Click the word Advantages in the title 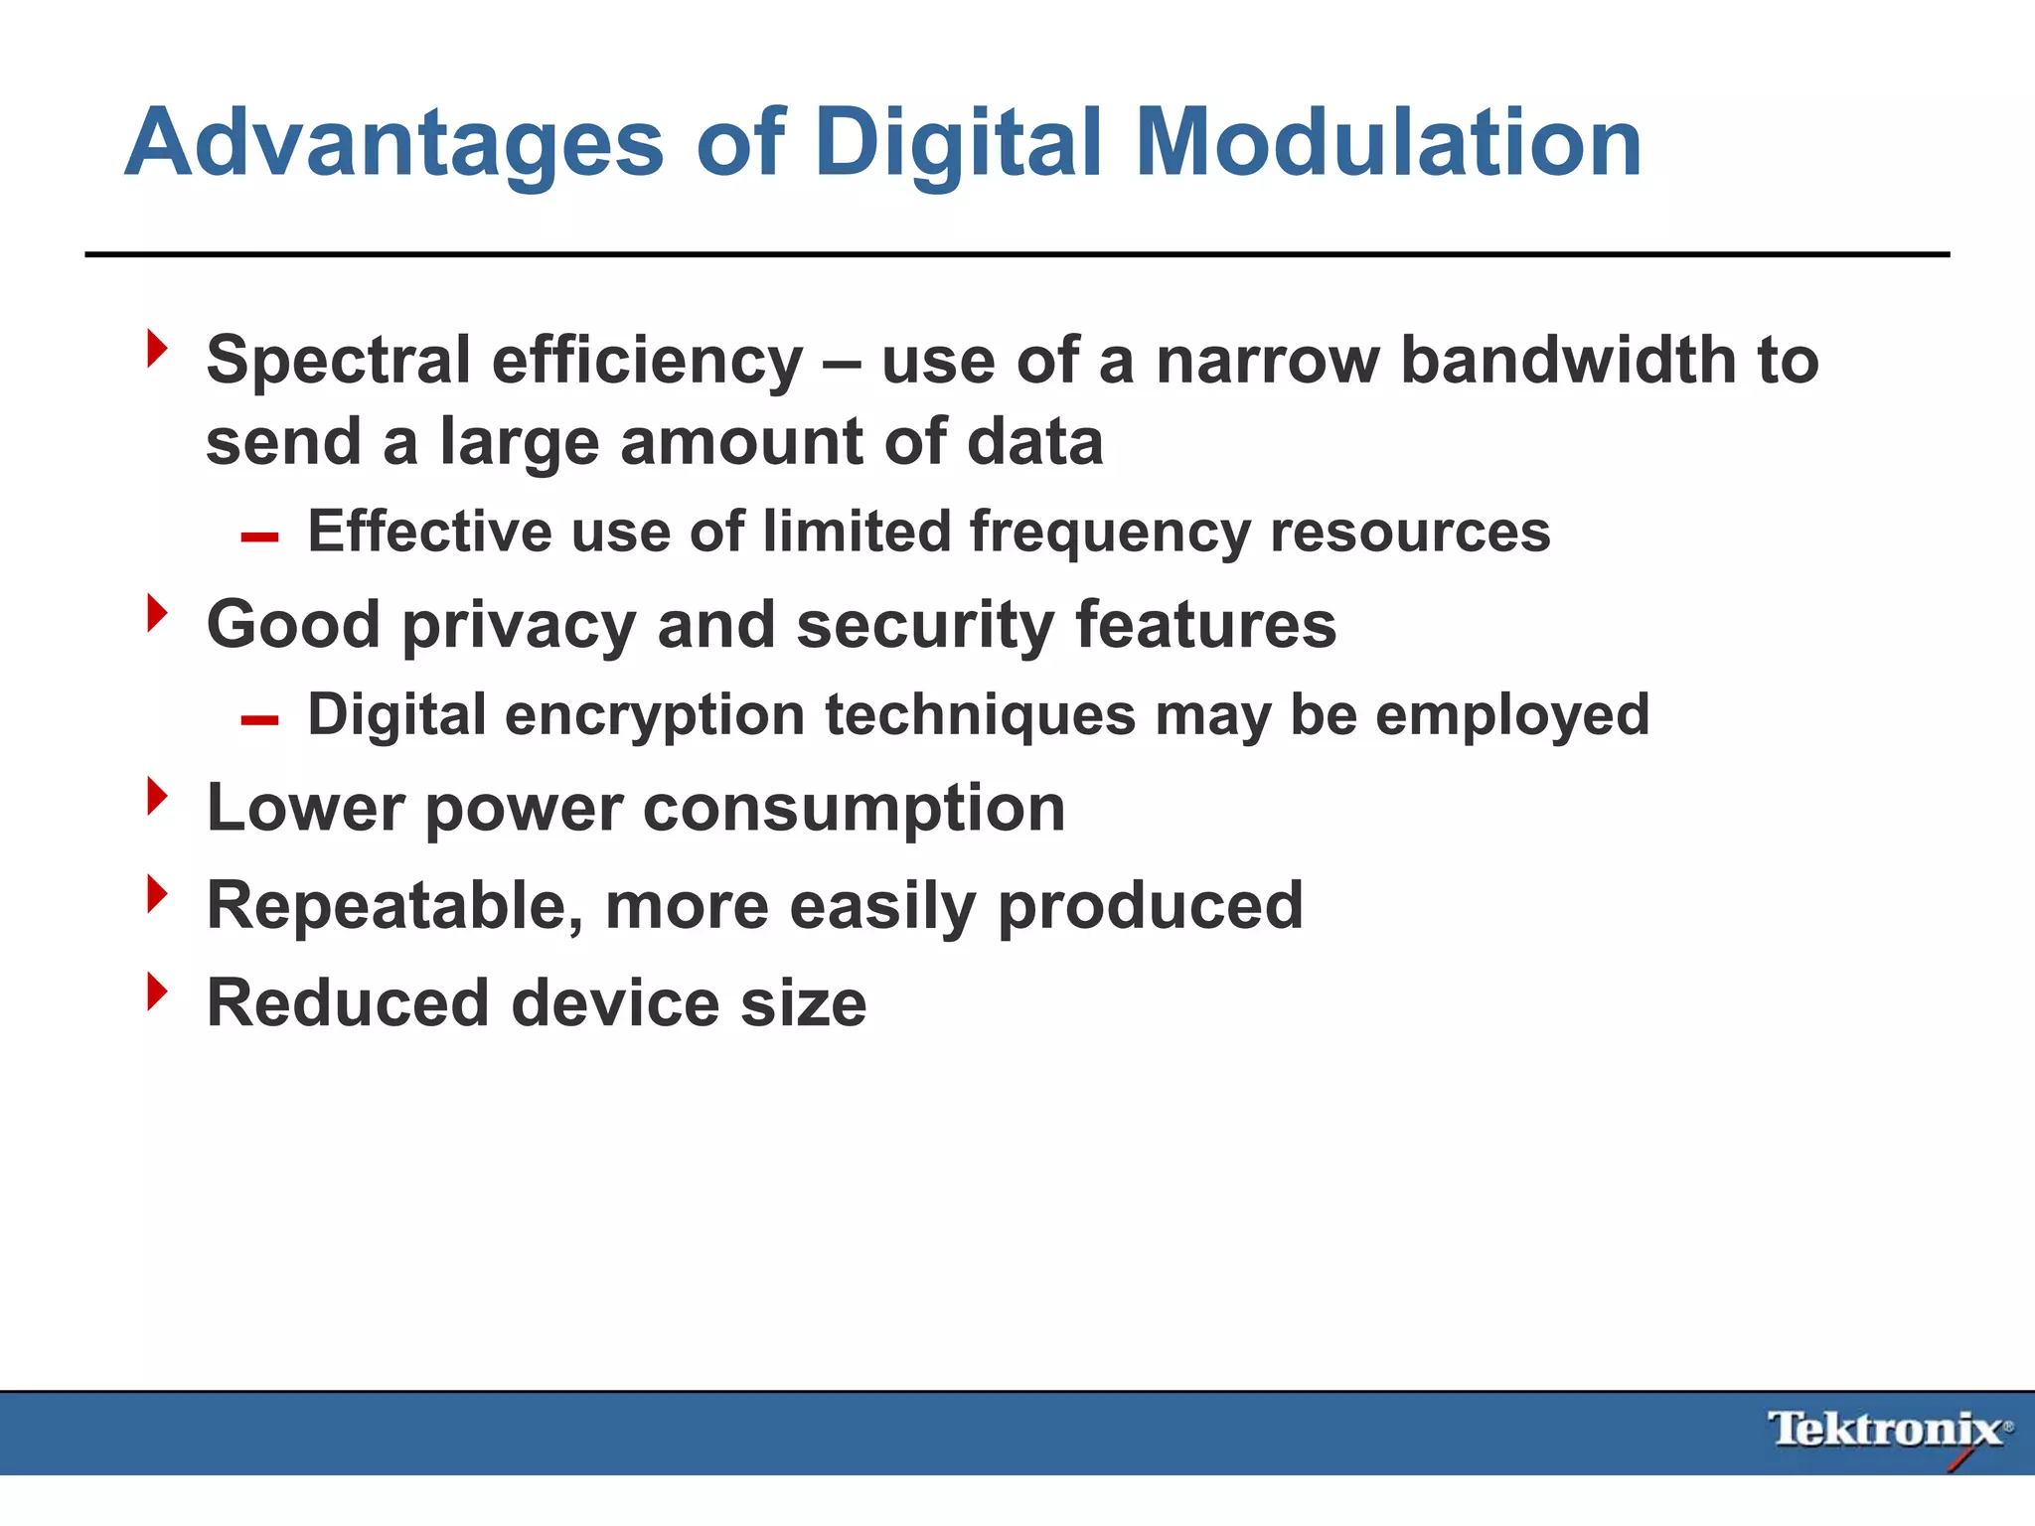(393, 144)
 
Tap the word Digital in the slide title (958, 144)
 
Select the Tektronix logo (1889, 1432)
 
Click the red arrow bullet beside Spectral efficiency (157, 349)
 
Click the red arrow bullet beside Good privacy (157, 613)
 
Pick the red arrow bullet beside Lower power (157, 796)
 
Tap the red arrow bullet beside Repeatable (157, 893)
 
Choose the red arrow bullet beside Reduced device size (157, 991)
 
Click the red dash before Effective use (259, 537)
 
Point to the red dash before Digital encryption (259, 720)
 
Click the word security (923, 625)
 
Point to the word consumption (854, 808)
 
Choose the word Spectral (338, 360)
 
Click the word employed (1511, 715)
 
